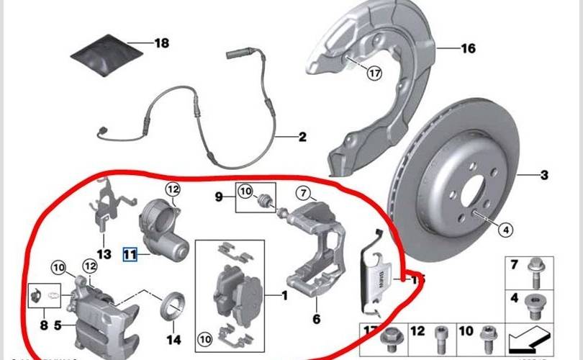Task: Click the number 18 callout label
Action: [x=162, y=43]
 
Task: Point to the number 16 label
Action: [x=469, y=49]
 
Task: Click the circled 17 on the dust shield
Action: [x=374, y=72]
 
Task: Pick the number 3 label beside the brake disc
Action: [x=545, y=175]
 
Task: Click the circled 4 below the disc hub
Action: [x=505, y=230]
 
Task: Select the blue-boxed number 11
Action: [x=130, y=253]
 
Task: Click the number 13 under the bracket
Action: [x=104, y=254]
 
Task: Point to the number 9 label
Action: [x=219, y=195]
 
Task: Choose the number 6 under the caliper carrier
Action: [x=315, y=318]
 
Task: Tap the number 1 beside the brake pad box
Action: [x=284, y=295]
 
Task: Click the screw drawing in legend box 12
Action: [x=440, y=338]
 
